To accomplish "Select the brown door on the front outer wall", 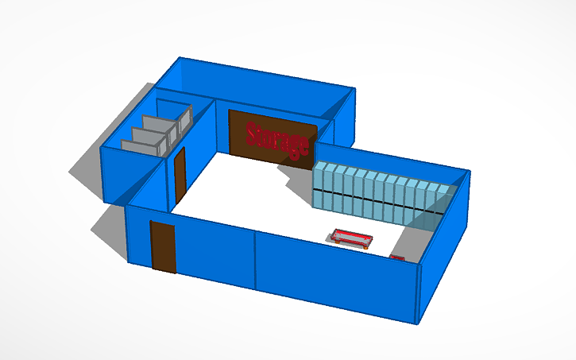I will tap(163, 247).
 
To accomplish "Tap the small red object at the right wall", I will tap(398, 257).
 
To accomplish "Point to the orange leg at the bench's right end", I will tap(366, 245).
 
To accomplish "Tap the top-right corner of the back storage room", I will tap(354, 89).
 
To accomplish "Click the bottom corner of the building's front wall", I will tap(418, 323).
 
